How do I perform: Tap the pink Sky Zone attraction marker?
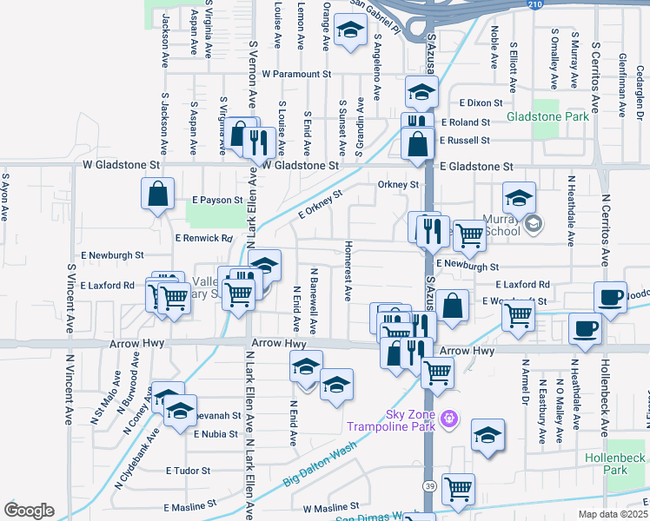tap(448, 419)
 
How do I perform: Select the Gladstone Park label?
tap(547, 115)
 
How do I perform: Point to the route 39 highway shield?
tap(428, 484)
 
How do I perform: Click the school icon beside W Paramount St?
tap(350, 32)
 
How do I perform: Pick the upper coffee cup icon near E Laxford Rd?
tap(611, 296)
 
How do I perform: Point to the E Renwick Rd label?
tap(204, 237)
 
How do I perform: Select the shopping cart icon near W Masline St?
tap(457, 489)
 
